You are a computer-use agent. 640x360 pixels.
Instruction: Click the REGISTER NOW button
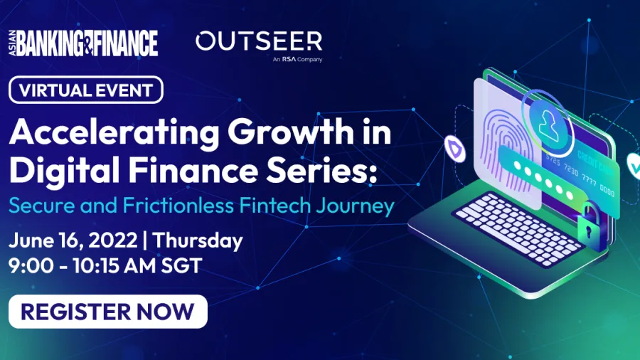point(108,312)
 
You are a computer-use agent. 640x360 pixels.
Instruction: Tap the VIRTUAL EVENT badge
point(86,90)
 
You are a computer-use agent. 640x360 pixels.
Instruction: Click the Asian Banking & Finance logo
point(83,43)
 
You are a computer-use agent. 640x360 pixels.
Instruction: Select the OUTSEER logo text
point(259,41)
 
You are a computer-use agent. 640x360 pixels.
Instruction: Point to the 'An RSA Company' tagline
point(297,59)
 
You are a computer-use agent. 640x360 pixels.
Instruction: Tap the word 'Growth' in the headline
point(291,132)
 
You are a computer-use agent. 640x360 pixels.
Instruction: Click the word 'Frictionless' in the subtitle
point(178,205)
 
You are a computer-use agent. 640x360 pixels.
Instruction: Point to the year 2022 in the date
point(112,240)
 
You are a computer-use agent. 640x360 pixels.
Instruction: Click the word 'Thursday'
point(198,240)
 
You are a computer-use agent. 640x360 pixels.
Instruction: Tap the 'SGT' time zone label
point(181,265)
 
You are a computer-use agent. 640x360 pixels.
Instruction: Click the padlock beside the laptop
point(590,227)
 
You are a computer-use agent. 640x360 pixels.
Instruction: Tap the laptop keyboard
point(518,229)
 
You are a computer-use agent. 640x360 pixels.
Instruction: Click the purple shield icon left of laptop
point(454,149)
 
